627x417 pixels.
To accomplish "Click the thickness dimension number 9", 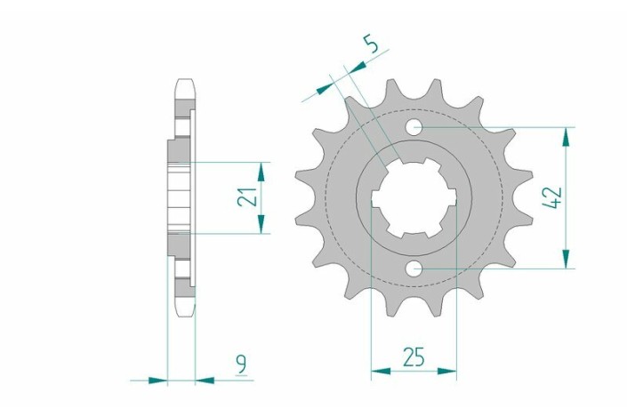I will click(x=242, y=362).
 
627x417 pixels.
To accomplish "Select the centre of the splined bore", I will click(x=414, y=197).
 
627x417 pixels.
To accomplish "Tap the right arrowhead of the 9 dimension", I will click(x=205, y=381).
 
